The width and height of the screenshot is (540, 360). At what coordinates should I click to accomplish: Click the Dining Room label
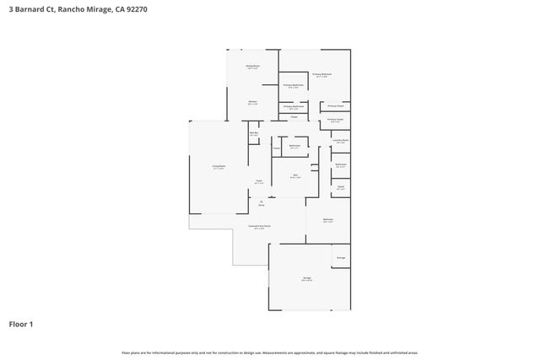[252, 66]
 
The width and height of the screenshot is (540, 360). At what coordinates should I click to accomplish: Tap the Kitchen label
[252, 102]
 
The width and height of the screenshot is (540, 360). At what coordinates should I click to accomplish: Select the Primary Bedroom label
[322, 75]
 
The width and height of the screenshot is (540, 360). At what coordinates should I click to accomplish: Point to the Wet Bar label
[253, 133]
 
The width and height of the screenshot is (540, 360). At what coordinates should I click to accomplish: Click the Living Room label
[218, 167]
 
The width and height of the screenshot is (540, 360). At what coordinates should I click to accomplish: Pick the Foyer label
[259, 181]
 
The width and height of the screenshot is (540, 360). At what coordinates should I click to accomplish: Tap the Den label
[295, 176]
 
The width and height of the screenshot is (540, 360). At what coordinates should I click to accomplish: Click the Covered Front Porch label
[258, 227]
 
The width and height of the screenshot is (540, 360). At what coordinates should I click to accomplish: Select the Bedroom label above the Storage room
[328, 220]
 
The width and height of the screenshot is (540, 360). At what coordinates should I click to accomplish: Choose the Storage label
[341, 257]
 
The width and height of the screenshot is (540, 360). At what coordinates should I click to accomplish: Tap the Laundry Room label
[341, 141]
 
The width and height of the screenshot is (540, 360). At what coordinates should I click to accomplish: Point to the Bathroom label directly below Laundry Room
[341, 164]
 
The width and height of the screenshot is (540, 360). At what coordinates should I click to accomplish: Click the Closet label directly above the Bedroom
[341, 187]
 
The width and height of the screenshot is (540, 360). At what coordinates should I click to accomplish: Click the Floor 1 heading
[21, 324]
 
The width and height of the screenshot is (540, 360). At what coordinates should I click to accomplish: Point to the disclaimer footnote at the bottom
[270, 352]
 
